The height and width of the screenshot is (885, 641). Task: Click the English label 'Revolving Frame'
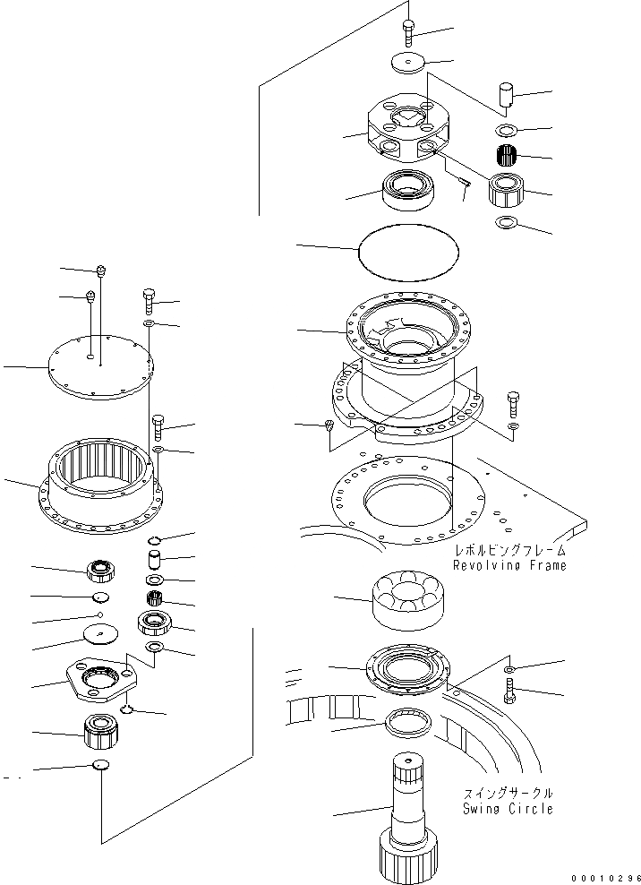[509, 566]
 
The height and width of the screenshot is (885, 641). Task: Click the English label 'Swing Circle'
[508, 809]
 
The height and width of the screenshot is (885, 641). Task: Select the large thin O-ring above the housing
[408, 250]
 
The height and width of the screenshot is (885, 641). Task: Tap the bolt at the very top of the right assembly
[408, 30]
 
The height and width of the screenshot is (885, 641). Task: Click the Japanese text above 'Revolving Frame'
[509, 551]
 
